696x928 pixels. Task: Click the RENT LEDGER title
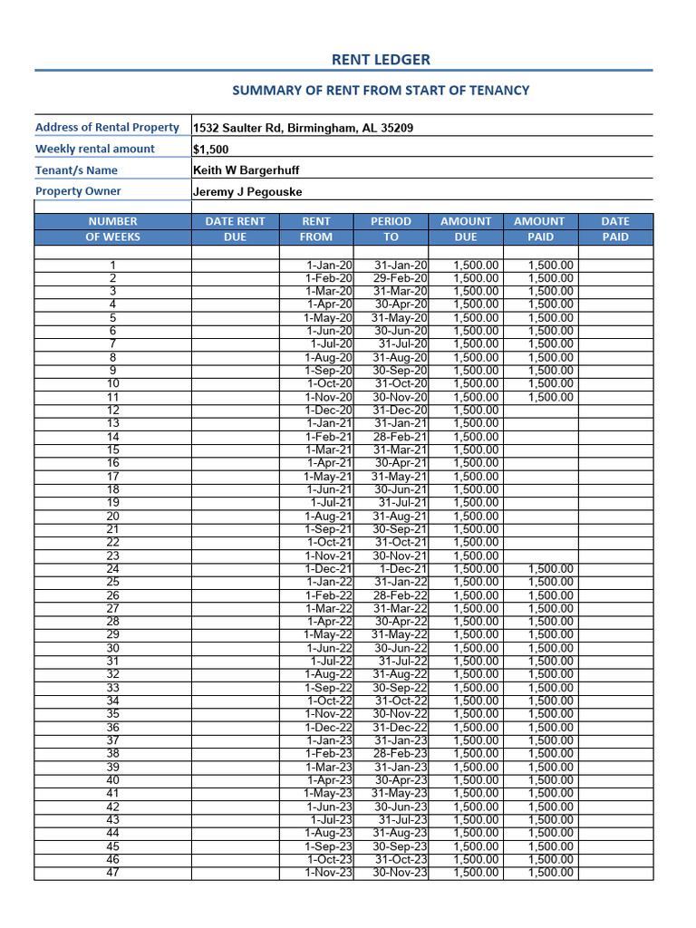[x=381, y=60]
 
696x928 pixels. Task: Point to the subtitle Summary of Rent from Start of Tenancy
[x=381, y=91]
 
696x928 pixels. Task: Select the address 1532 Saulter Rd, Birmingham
[x=303, y=128]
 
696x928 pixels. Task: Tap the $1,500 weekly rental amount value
[x=211, y=150]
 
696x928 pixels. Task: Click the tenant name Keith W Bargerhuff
[x=246, y=170]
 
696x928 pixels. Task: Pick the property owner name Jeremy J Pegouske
[x=247, y=192]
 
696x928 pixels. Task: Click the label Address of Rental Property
[x=107, y=128]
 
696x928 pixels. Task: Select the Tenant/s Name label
[x=76, y=170]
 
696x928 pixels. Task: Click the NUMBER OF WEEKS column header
[x=112, y=228]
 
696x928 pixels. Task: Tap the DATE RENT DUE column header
[x=235, y=228]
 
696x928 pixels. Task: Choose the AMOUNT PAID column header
[x=538, y=228]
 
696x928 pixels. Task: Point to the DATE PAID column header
[x=615, y=228]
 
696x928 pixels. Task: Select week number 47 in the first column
[x=112, y=873]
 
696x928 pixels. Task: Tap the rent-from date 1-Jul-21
[x=331, y=503]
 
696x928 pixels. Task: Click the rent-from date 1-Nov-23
[x=329, y=873]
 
